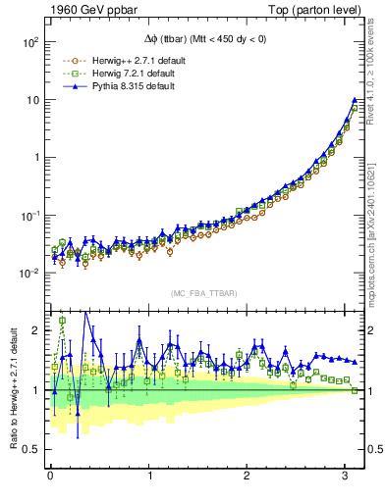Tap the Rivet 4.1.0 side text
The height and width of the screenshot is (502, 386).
377,78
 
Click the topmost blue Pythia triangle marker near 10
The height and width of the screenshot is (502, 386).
355,100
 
